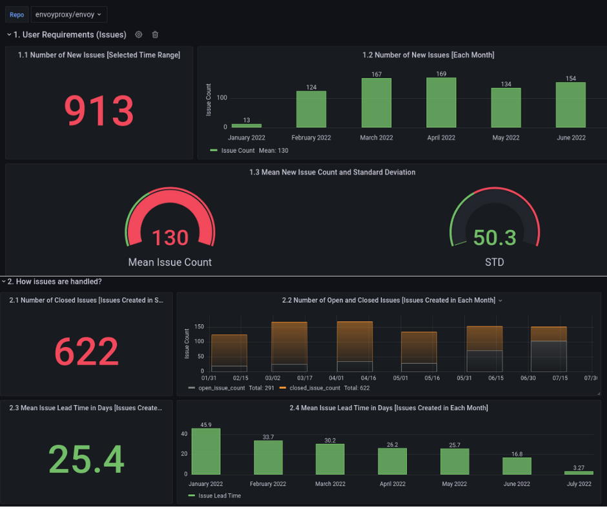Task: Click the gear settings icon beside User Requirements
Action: click(x=139, y=34)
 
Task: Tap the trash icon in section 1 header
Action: click(x=155, y=34)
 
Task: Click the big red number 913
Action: click(x=99, y=110)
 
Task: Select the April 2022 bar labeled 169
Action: click(x=441, y=103)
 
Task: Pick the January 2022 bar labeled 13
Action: click(x=247, y=125)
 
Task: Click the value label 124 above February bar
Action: click(x=311, y=87)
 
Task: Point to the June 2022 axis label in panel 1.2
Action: click(x=571, y=138)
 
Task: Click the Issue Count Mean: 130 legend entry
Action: click(x=249, y=151)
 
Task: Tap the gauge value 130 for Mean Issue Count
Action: click(x=170, y=238)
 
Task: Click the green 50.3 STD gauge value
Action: click(x=495, y=238)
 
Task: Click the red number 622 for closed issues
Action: click(x=86, y=352)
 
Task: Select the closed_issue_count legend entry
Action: click(x=310, y=388)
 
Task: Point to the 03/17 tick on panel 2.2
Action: click(x=305, y=378)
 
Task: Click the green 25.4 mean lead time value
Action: click(x=86, y=459)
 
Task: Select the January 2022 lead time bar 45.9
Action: click(x=205, y=452)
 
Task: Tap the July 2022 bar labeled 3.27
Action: click(x=579, y=473)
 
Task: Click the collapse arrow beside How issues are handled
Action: click(x=4, y=282)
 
